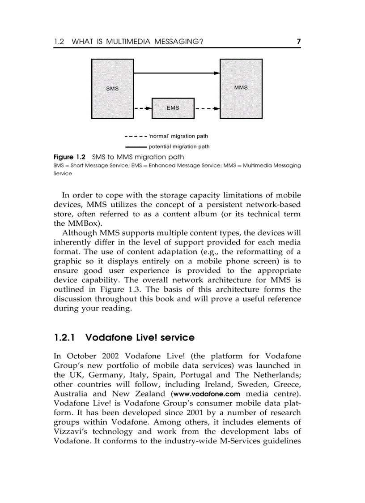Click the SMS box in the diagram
coord(112,88)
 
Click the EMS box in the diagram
coord(173,108)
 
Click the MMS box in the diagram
coord(241,88)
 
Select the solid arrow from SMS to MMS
coord(176,73)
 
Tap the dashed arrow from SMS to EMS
coord(143,108)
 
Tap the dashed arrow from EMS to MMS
coord(207,108)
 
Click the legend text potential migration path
coord(179,146)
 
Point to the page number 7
coord(299,42)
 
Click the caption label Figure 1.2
coord(69,157)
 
